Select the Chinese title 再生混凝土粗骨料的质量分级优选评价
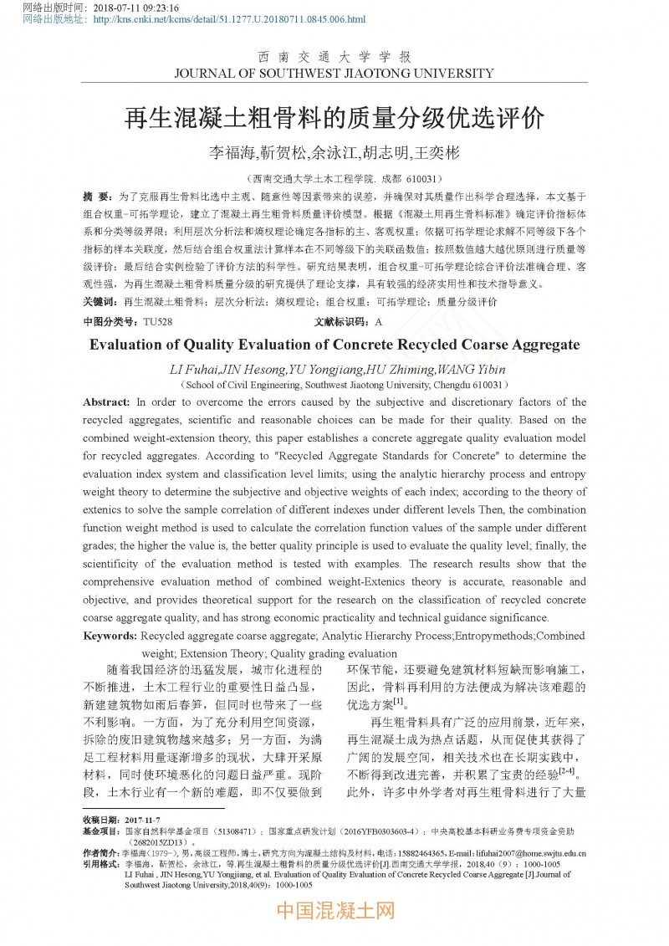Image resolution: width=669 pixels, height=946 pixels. point(334,117)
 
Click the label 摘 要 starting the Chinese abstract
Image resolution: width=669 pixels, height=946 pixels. point(96,196)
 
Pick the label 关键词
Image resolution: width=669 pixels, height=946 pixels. point(100,301)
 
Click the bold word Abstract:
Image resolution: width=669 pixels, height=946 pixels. point(106,402)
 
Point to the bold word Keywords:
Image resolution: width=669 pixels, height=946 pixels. point(110,637)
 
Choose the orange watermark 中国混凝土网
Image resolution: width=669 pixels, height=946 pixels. point(334,910)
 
